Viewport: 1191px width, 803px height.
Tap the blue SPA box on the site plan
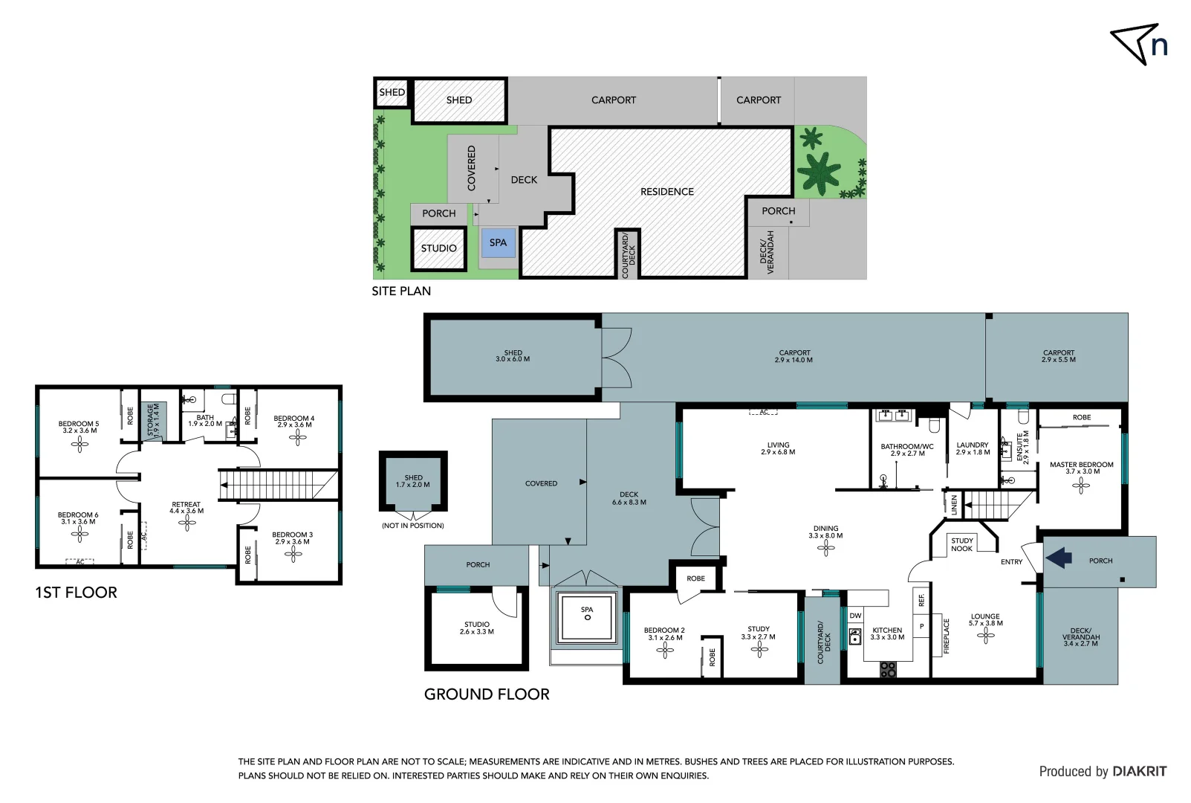point(498,243)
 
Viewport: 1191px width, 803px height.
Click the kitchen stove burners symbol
point(888,670)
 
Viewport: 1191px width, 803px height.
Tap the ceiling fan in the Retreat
point(186,523)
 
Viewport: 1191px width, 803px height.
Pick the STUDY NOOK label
point(961,545)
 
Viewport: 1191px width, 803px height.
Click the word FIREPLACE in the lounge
point(947,636)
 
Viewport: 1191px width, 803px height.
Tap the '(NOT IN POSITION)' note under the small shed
point(413,526)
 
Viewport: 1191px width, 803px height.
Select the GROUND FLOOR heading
point(487,694)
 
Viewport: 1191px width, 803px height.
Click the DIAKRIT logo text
point(1139,772)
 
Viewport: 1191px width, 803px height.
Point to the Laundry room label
point(973,448)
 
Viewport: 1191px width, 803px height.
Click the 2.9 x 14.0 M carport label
point(794,356)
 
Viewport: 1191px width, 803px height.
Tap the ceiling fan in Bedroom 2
point(664,651)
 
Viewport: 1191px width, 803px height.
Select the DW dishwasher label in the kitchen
point(855,616)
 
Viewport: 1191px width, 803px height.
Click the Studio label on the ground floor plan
point(476,628)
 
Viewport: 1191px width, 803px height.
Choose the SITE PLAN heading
point(401,291)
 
